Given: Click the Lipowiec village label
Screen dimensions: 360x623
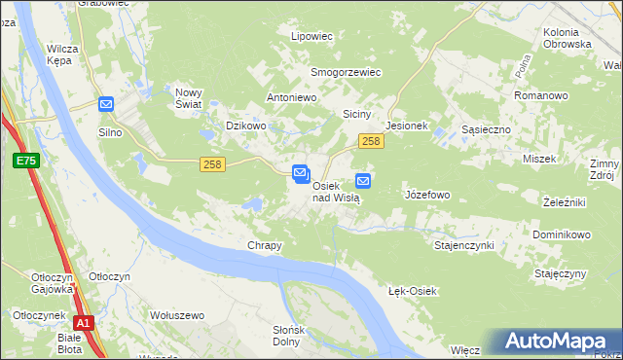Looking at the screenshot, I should (x=312, y=36).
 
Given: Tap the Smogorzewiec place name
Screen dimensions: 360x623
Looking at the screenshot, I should (x=345, y=72).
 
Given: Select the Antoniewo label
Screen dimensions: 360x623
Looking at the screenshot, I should (x=293, y=98).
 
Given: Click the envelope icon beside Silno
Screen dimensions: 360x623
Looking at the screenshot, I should (x=106, y=104).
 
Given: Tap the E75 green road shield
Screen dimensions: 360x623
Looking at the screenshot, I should (x=25, y=161).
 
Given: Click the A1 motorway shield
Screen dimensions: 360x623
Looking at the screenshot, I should (x=84, y=323).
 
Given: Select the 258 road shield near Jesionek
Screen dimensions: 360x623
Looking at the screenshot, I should (x=370, y=142).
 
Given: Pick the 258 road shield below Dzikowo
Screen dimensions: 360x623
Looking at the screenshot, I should (x=213, y=164).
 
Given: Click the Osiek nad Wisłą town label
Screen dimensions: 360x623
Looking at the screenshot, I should (x=337, y=191).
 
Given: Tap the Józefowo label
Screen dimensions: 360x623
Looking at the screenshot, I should (x=426, y=195).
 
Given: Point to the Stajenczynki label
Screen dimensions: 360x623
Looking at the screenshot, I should (x=463, y=245).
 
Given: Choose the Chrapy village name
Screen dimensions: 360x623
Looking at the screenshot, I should (x=264, y=246).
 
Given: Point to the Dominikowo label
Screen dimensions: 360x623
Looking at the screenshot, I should (x=562, y=235).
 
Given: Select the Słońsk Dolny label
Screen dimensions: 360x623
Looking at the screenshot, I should (x=288, y=336).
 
